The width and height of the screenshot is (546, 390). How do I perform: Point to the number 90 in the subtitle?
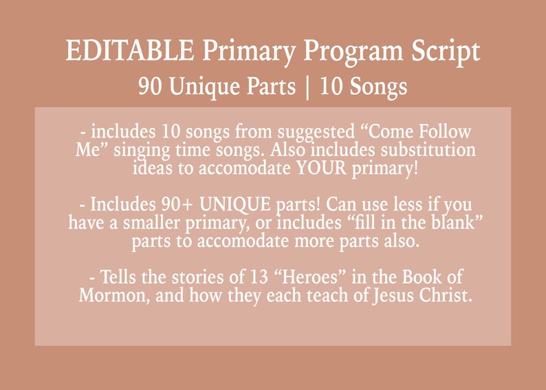(151, 87)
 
